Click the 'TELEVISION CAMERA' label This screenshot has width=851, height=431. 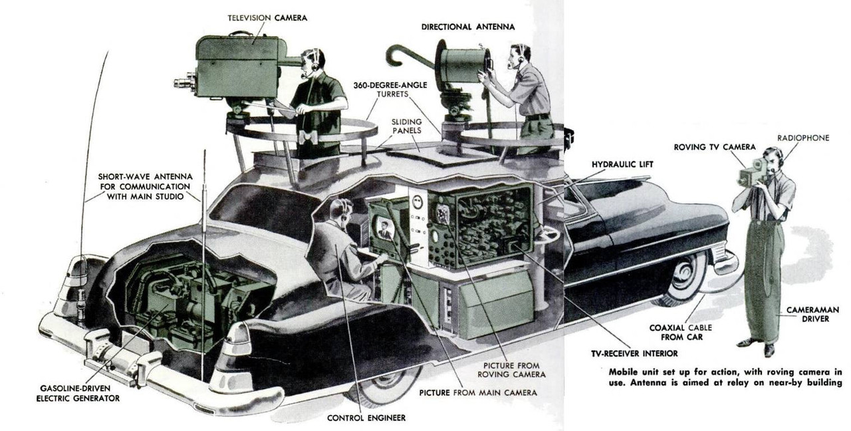pos(268,17)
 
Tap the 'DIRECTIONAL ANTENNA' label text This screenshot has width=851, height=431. pos(468,27)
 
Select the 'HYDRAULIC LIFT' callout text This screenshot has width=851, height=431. pos(621,164)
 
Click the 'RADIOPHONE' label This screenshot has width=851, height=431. pos(803,138)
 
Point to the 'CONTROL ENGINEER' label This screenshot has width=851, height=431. pos(366,418)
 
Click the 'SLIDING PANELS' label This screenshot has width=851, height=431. pos(406,126)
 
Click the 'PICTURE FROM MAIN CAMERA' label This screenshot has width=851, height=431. pos(478,392)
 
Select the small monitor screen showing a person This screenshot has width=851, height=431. pos(384,230)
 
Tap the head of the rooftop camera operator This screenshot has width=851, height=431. pos(312,61)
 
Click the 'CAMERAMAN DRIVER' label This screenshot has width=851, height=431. pos(807,315)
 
